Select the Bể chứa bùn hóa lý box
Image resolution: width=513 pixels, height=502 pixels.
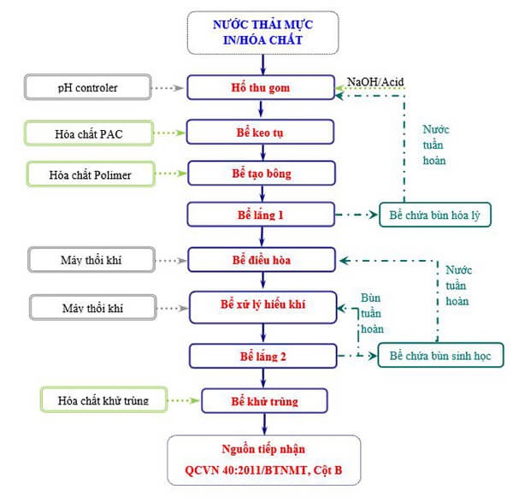437,216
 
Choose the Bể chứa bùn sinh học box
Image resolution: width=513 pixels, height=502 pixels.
441,355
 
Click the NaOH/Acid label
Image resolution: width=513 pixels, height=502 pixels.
375,82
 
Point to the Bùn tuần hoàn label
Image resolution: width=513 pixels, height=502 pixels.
371,311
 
